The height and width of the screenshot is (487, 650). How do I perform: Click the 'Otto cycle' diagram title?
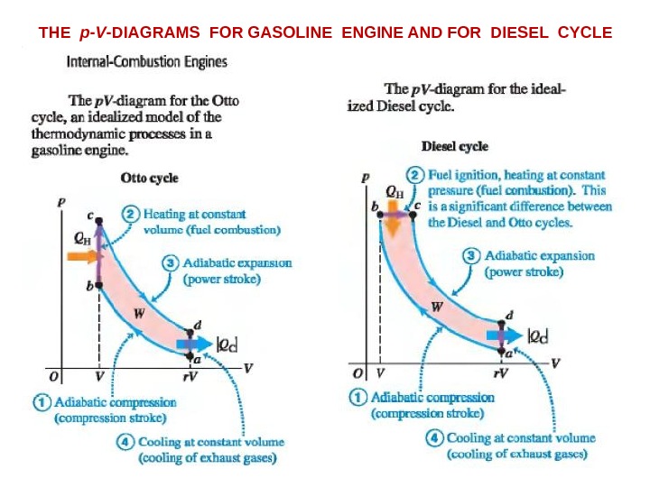point(149,179)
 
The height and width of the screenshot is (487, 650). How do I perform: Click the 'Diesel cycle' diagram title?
point(455,147)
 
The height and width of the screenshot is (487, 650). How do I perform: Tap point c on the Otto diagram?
point(99,221)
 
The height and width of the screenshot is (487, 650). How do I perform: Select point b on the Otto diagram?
point(99,286)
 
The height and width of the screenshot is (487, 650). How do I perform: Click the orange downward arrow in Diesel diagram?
point(394,225)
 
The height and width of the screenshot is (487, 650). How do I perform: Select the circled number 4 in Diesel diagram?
point(435,438)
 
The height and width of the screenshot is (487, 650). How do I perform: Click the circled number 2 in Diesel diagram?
point(414,175)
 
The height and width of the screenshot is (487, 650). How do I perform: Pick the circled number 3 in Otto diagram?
point(171,263)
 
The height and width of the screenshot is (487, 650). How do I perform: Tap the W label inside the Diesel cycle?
point(437,307)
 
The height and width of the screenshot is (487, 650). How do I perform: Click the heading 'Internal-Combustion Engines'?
point(147,63)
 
